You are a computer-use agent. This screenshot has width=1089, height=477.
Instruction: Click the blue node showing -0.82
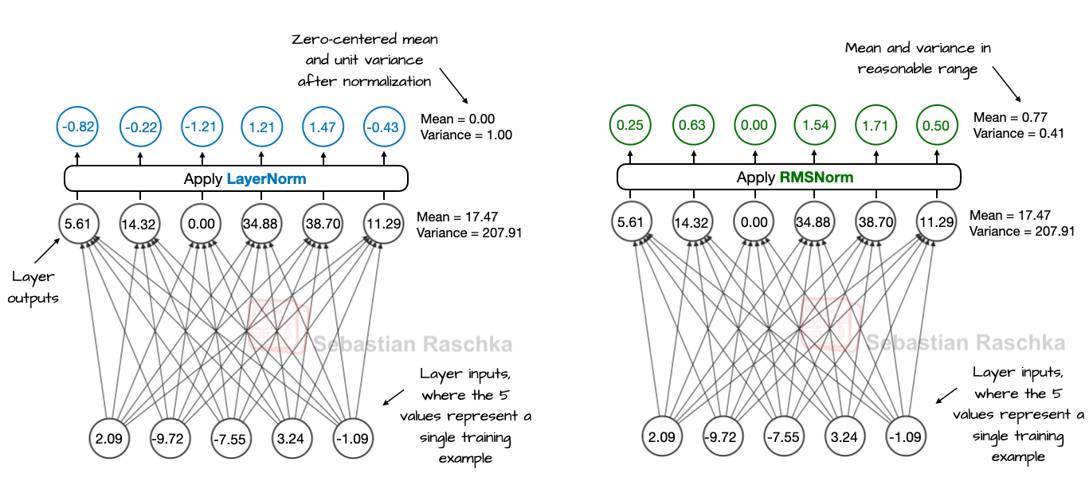coord(77,127)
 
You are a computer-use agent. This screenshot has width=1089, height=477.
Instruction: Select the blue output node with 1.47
coord(323,127)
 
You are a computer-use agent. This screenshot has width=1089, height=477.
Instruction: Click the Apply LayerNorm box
coord(236,178)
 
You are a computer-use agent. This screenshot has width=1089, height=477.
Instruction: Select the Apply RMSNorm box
coord(789,178)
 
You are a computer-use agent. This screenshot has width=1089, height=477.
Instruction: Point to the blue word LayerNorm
coord(266,178)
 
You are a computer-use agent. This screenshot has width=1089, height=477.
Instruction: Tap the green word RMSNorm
coord(817,178)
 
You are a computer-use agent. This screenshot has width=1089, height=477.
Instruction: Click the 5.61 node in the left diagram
coord(77,224)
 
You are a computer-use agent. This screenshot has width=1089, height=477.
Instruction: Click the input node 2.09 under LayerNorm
coord(110,439)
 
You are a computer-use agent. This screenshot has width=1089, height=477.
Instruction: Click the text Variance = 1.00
coord(466,135)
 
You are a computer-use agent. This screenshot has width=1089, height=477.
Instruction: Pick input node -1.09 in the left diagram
coord(353,439)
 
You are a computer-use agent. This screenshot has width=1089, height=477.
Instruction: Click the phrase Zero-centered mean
coord(366,40)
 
